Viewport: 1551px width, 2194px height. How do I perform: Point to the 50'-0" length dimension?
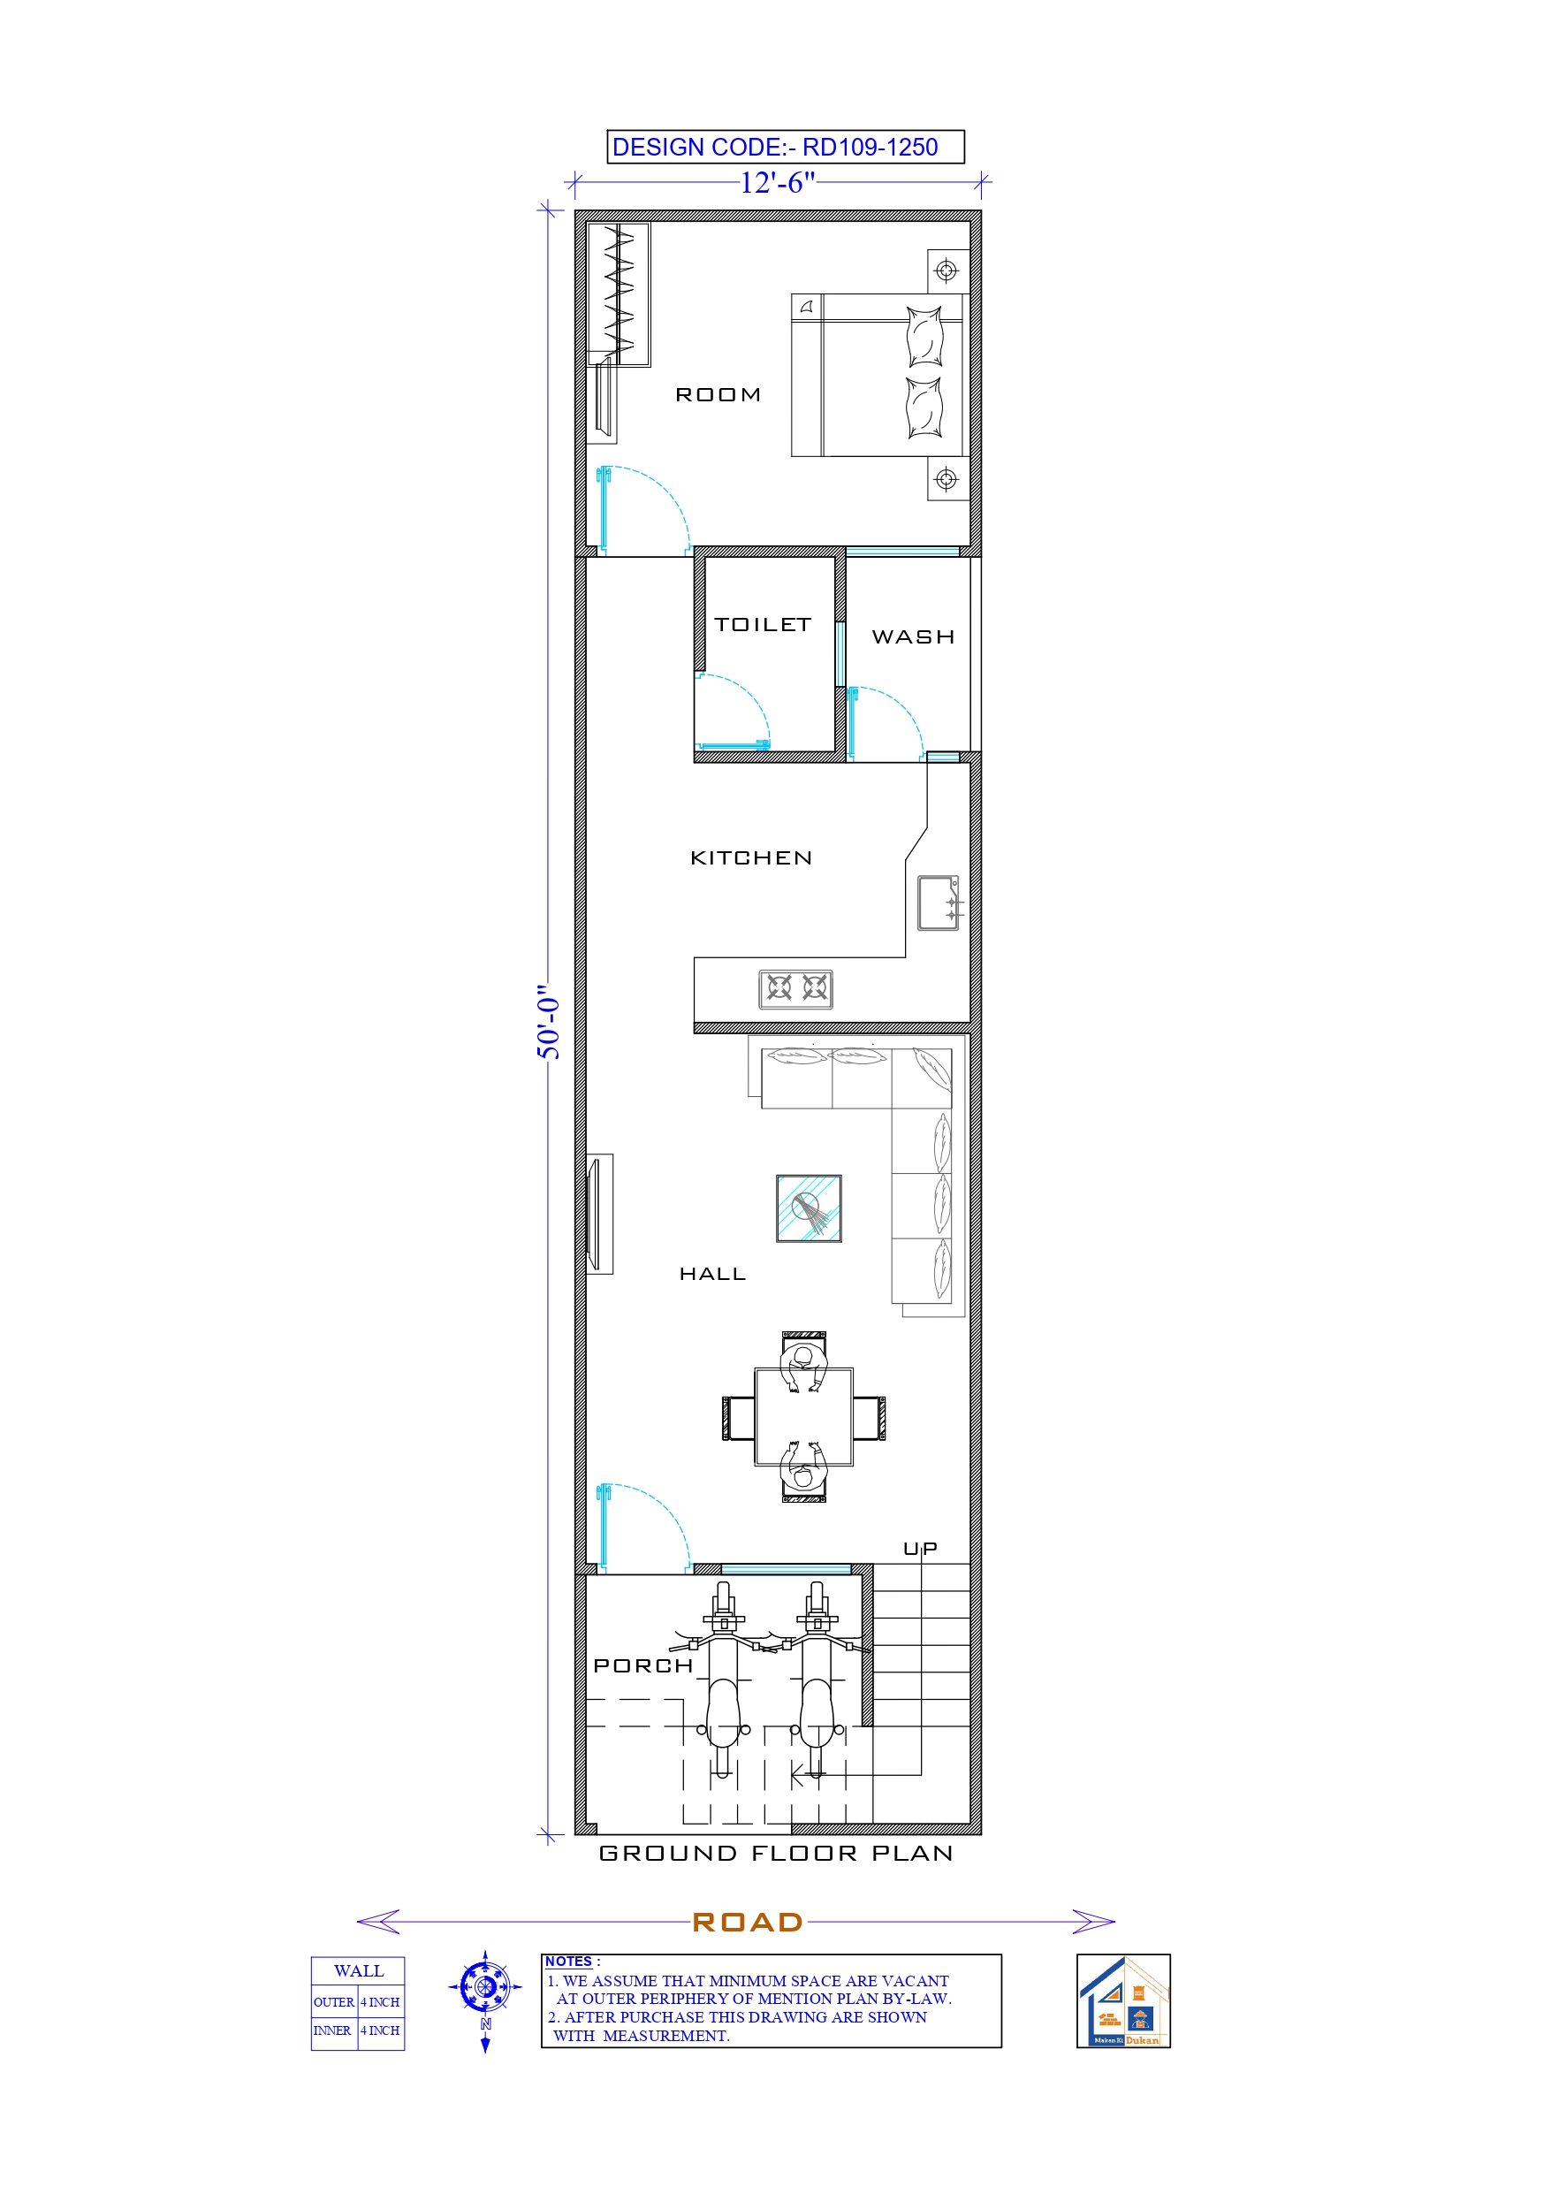(549, 1023)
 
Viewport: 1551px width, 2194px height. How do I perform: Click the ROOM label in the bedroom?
(718, 394)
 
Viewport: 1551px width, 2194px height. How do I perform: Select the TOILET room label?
(763, 625)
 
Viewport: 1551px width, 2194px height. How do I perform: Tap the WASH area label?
(913, 637)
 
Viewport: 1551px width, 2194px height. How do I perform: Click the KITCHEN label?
(751, 858)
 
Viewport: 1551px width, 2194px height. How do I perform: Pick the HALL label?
(712, 1274)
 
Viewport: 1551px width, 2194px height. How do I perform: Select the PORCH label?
(643, 1665)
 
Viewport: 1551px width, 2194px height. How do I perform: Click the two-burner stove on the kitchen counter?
(796, 989)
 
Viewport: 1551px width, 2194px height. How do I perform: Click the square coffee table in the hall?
(809, 1207)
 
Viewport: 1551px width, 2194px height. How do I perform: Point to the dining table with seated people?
(803, 1417)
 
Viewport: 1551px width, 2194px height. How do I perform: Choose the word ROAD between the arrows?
(748, 1922)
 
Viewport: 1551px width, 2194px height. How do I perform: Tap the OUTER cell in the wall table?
(333, 2002)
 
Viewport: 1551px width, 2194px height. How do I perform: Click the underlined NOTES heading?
(568, 1961)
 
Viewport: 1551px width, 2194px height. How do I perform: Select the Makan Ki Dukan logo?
(1123, 2000)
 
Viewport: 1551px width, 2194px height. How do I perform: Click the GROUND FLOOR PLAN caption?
(775, 1853)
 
